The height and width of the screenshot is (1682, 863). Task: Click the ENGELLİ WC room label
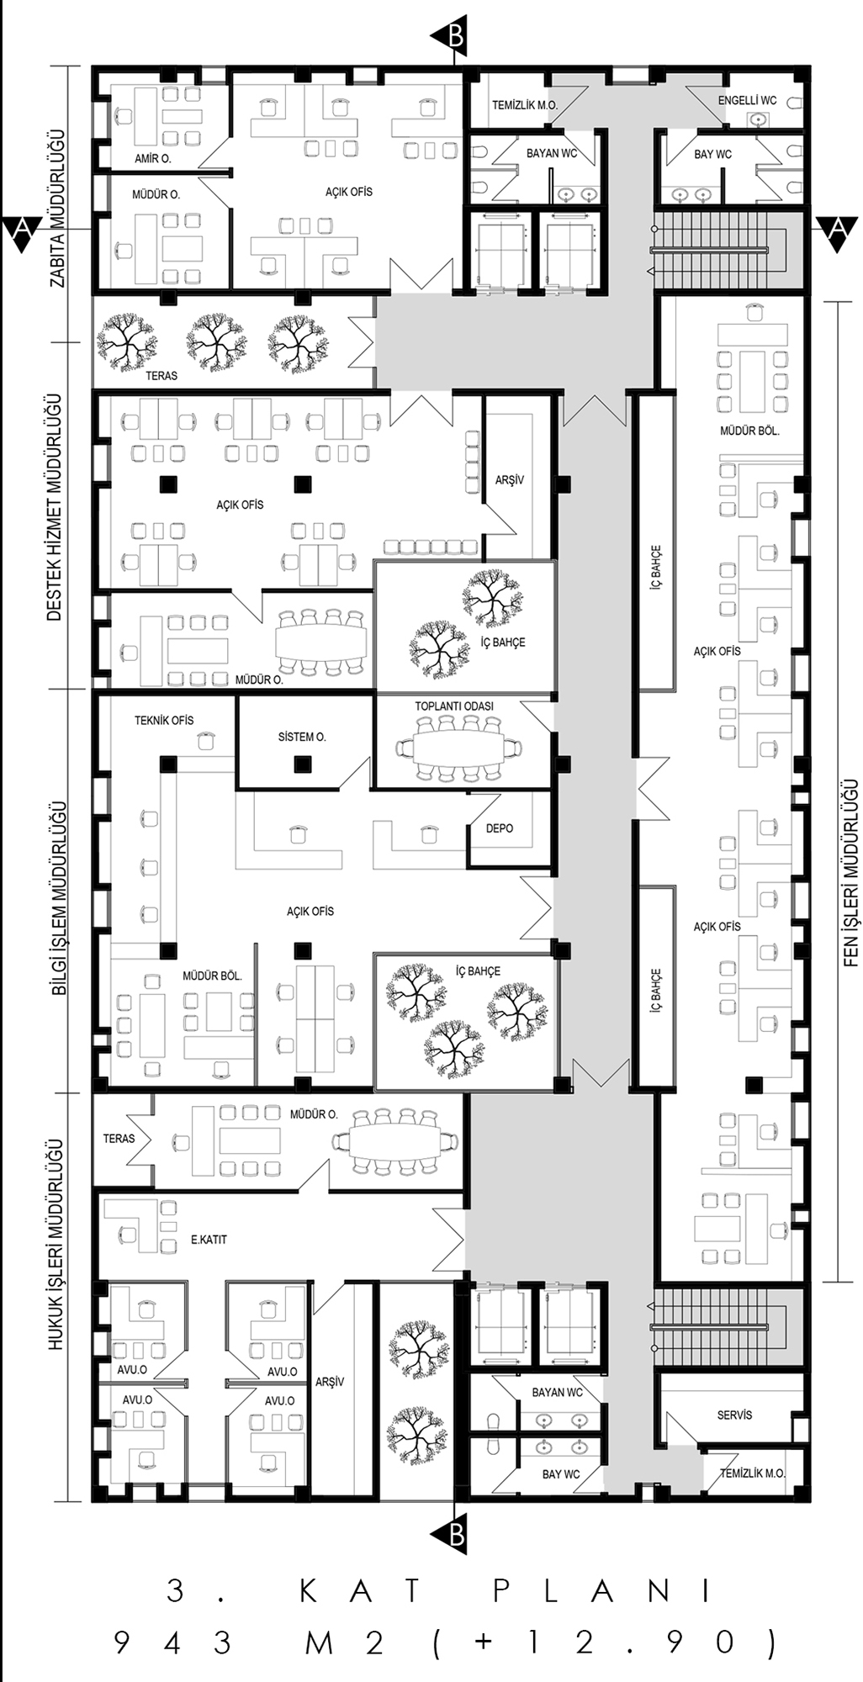[x=747, y=101]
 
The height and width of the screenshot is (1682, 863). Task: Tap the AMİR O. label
[x=153, y=158]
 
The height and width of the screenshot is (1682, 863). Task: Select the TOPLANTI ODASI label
[x=454, y=706]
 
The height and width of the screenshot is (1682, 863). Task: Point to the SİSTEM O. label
[x=302, y=737]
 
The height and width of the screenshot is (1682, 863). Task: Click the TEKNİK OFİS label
[x=164, y=720]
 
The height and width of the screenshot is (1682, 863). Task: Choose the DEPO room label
[x=500, y=828]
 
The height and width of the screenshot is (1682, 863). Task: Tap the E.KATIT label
[x=209, y=1239]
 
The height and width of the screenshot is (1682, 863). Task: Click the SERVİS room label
[x=734, y=1415]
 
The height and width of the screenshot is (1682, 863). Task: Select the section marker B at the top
[x=449, y=36]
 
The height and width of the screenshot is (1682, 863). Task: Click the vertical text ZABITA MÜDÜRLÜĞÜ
[x=57, y=209]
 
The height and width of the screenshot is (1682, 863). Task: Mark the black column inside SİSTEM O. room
[x=302, y=764]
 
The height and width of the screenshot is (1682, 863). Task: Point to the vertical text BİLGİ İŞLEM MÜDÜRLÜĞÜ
[x=59, y=897]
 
